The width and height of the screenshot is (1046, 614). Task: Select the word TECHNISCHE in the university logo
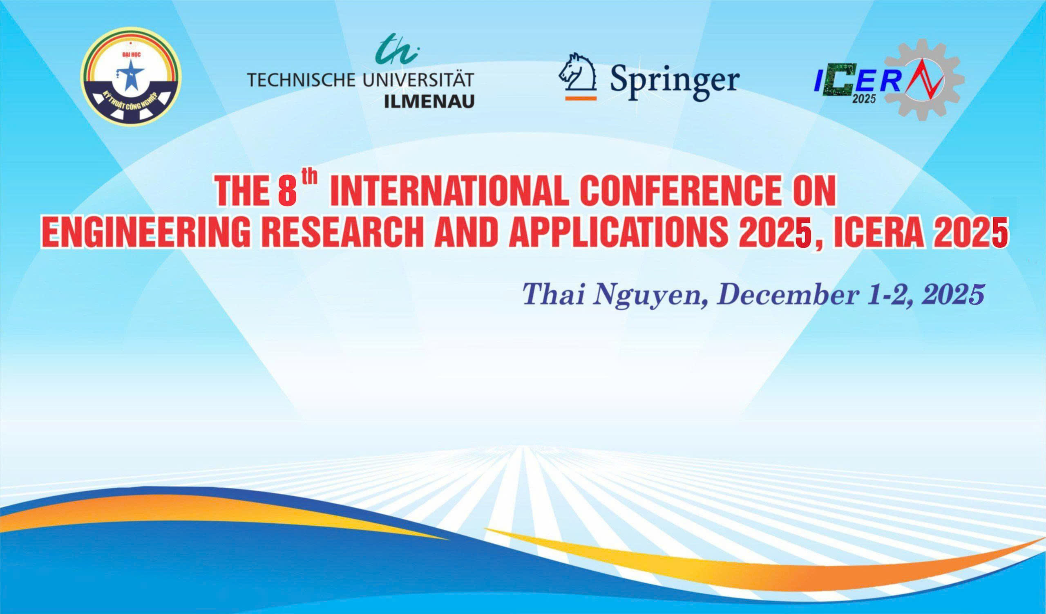pyautogui.click(x=302, y=79)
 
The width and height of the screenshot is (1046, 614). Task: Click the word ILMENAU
pyautogui.click(x=429, y=101)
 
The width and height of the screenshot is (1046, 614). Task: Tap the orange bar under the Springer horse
pyautogui.click(x=581, y=99)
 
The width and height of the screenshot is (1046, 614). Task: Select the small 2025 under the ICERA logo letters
pyautogui.click(x=864, y=99)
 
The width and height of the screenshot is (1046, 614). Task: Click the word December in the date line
pyautogui.click(x=787, y=295)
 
